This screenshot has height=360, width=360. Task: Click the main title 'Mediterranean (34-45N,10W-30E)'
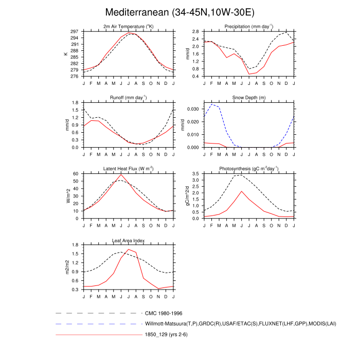[x=179, y=12]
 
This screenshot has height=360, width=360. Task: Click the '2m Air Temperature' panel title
[x=128, y=26]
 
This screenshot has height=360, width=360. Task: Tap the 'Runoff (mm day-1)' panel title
[x=128, y=97]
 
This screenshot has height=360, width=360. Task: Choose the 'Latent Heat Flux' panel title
[x=128, y=169]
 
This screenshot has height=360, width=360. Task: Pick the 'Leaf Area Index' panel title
[x=128, y=240]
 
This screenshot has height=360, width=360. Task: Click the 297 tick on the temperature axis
[x=74, y=31]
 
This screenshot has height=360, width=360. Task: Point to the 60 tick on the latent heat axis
[x=75, y=174]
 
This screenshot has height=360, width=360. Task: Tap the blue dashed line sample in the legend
[x=98, y=324]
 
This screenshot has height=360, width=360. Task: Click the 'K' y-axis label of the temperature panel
[x=66, y=53]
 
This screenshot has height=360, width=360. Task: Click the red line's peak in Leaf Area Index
[x=129, y=249]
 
